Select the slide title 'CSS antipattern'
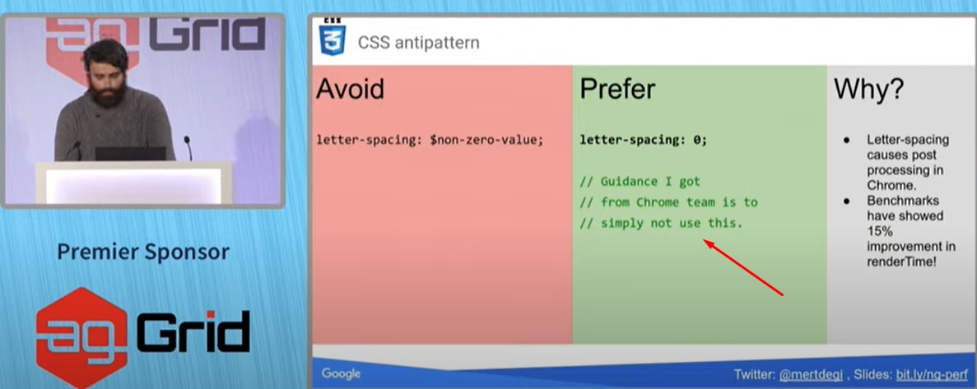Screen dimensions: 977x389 [419, 43]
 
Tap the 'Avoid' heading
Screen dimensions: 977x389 [350, 90]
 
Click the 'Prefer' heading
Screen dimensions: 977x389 [617, 90]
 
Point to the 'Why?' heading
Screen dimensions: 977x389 [868, 90]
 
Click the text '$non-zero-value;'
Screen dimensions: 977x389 [486, 140]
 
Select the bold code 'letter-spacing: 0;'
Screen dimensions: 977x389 [644, 140]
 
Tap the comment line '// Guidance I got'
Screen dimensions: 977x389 [640, 182]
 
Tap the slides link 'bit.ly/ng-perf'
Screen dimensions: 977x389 [932, 375]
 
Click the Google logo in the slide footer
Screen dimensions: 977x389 [341, 373]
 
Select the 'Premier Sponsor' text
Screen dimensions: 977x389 [143, 252]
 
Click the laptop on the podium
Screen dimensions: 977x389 [130, 154]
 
